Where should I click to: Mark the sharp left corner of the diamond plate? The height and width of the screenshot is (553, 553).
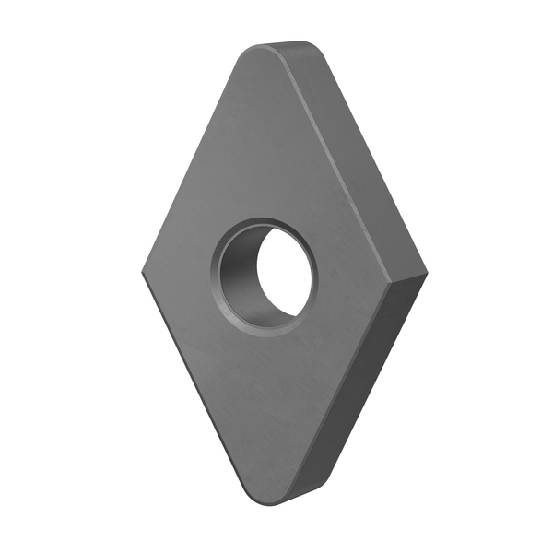145,274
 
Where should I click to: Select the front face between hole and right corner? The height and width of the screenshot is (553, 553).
359,276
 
